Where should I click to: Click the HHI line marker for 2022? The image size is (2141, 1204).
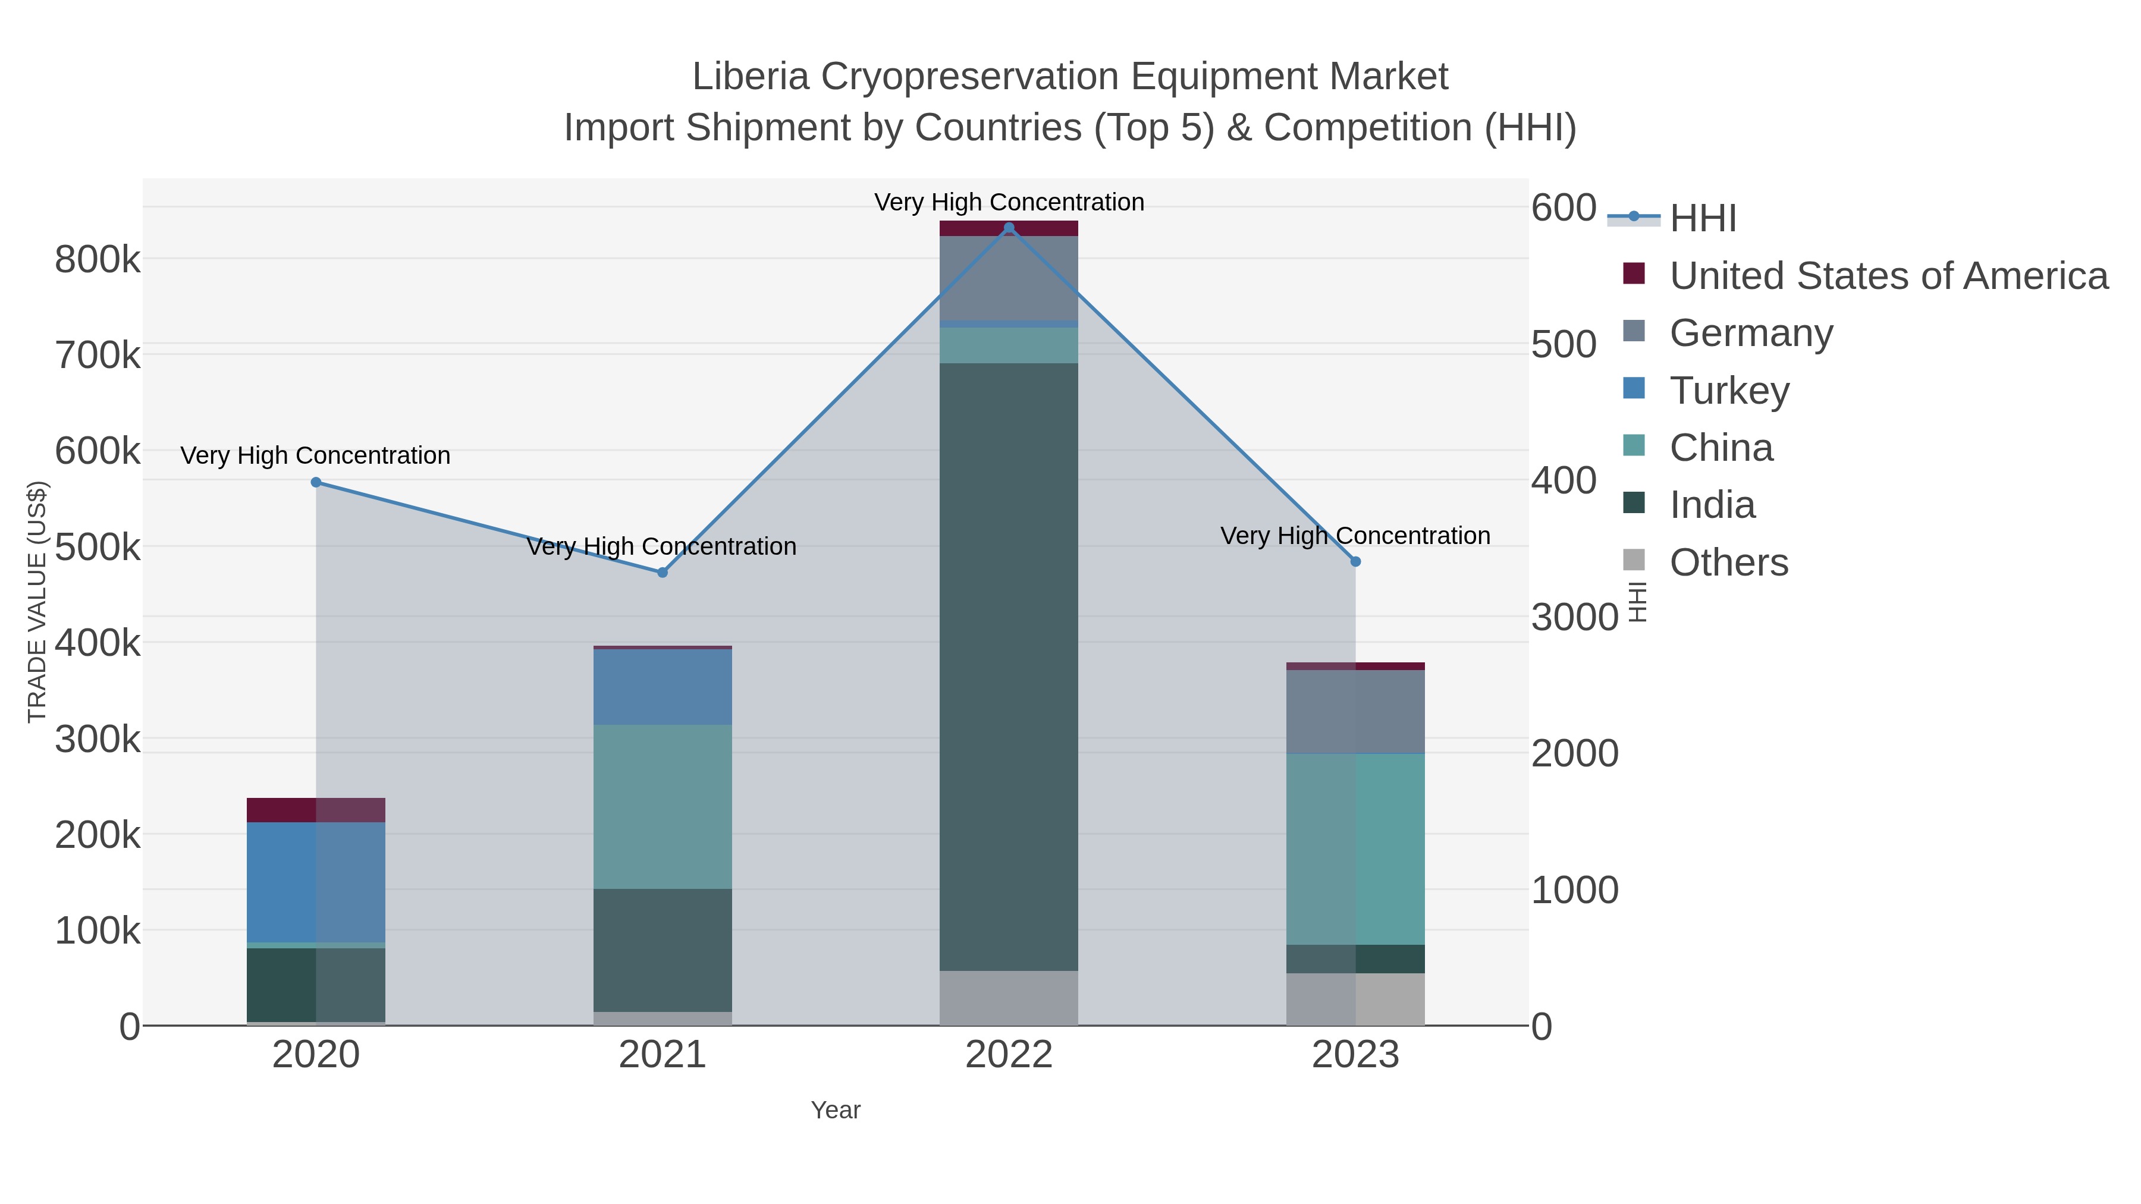point(1009,228)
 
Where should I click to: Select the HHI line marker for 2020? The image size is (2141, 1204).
point(316,483)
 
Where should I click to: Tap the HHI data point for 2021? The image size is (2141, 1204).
point(663,573)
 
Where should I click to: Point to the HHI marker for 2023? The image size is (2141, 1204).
point(1355,562)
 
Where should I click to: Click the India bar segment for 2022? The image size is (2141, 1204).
point(1009,665)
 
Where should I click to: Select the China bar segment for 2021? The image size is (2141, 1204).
point(663,806)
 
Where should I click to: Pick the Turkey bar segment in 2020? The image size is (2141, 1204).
point(316,882)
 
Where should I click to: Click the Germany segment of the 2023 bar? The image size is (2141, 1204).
point(1355,711)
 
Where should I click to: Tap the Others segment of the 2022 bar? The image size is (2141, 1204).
point(1009,997)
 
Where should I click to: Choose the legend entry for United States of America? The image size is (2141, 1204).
point(1888,276)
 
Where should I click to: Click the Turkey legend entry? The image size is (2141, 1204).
point(1729,391)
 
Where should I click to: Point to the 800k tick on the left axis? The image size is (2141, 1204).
point(98,260)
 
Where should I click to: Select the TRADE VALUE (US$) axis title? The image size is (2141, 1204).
point(37,602)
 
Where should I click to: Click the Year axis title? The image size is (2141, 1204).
point(836,1110)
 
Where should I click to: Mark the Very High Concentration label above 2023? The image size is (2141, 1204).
point(1355,536)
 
